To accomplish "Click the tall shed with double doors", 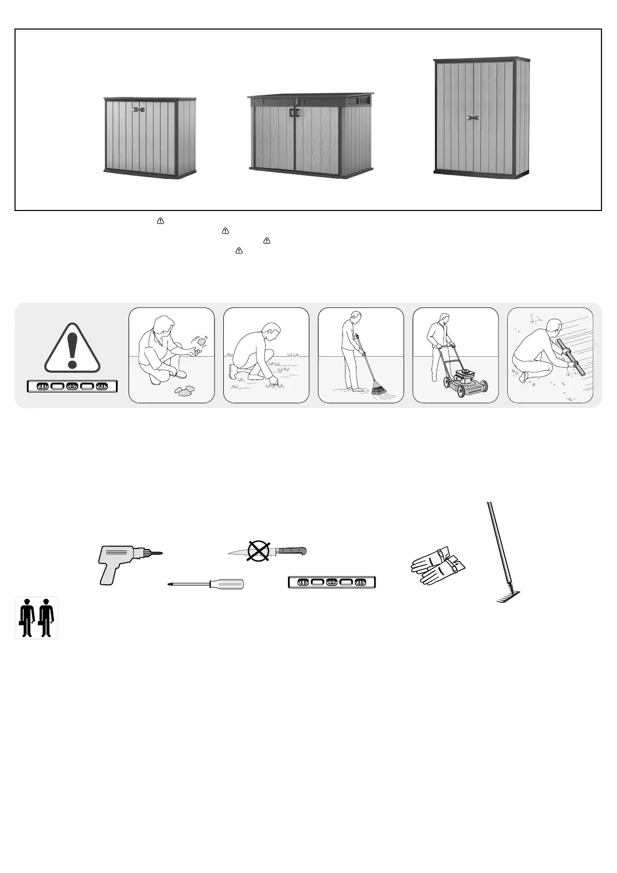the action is [x=481, y=117].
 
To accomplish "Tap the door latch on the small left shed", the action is [x=138, y=109].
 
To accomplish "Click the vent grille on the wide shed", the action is [x=365, y=99].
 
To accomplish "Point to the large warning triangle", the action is [x=72, y=348].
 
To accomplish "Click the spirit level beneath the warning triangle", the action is [x=72, y=386].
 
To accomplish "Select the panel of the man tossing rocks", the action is [x=171, y=355].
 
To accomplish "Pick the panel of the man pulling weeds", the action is [x=266, y=355].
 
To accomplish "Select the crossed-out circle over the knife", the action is [x=257, y=551].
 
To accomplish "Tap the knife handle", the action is [x=293, y=550].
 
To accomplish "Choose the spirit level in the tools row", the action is [x=332, y=583].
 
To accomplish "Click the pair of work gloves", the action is [x=438, y=565].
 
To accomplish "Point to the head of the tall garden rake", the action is [x=508, y=597].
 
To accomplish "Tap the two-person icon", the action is [x=36, y=617].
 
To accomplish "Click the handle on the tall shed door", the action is [x=472, y=119].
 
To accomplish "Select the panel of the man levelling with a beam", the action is [x=550, y=355].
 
